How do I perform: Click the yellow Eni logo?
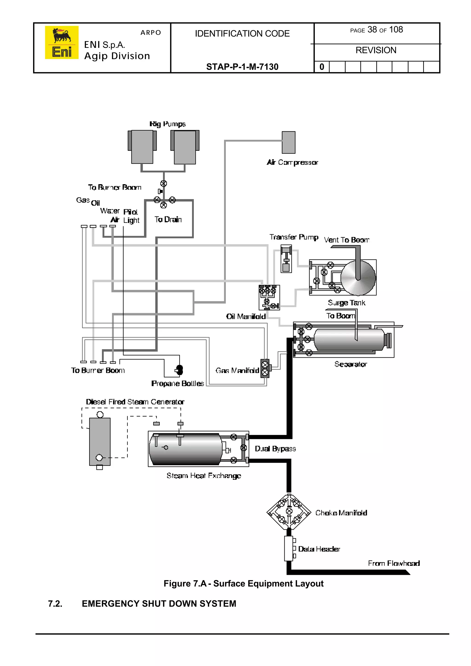pos(61,42)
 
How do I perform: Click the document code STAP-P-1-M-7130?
pos(242,67)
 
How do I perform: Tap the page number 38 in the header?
pos(372,30)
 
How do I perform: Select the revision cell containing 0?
pos(322,67)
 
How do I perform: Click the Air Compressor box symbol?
pos(289,142)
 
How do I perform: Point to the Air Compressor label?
pos(292,162)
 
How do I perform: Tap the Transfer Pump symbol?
pos(286,258)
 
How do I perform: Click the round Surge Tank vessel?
pos(358,278)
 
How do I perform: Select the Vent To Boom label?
pos(346,240)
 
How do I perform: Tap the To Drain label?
pos(168,219)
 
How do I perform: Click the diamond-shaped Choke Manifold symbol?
pos(289,512)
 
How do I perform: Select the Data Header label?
pos(319,549)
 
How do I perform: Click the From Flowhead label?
pos(393,564)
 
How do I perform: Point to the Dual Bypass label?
pos(275,449)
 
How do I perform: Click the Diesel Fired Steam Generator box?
pos(100,441)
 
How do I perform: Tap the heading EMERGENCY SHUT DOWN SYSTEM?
pos(159,604)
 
